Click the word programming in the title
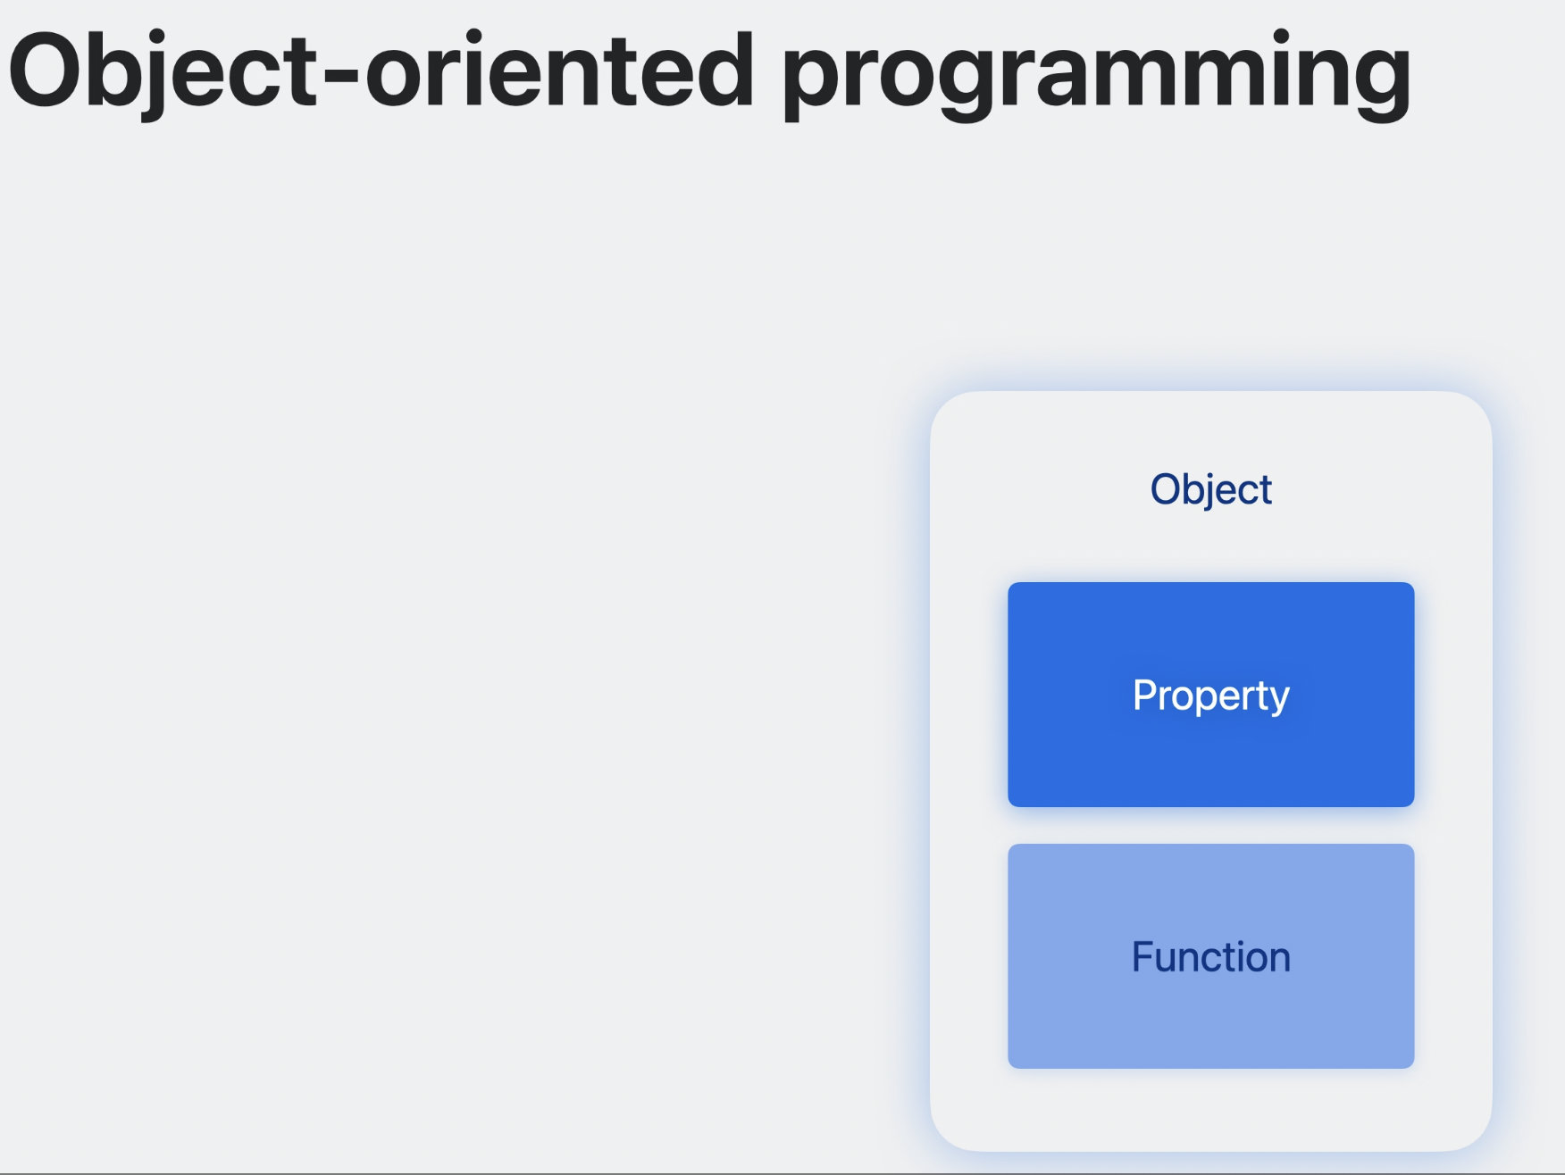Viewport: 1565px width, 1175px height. (1096, 76)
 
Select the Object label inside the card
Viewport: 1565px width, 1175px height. (1210, 490)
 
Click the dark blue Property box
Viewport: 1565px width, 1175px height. (1210, 695)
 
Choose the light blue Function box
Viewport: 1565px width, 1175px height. (1210, 956)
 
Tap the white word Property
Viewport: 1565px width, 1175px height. (1210, 696)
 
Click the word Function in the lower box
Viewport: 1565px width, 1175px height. (1210, 957)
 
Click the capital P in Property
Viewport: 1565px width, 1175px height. (1145, 695)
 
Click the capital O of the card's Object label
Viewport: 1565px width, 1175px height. (1166, 489)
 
